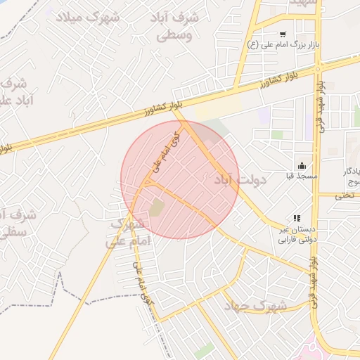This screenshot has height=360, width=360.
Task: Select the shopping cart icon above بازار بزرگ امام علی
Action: click(x=283, y=34)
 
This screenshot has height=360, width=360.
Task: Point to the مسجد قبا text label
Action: click(x=302, y=176)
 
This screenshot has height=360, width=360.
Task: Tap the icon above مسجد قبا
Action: click(x=302, y=165)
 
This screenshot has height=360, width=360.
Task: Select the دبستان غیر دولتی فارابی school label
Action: click(x=295, y=235)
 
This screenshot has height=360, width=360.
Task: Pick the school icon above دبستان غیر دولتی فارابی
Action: click(x=297, y=219)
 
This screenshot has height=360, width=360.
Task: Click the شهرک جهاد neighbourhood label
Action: click(x=255, y=307)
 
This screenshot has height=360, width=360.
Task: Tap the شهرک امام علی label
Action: click(x=127, y=233)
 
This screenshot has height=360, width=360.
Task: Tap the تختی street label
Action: click(x=345, y=195)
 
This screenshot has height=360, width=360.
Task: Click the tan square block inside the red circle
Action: click(x=156, y=207)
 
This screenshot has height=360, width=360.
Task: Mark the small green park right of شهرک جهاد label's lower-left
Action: click(x=204, y=349)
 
